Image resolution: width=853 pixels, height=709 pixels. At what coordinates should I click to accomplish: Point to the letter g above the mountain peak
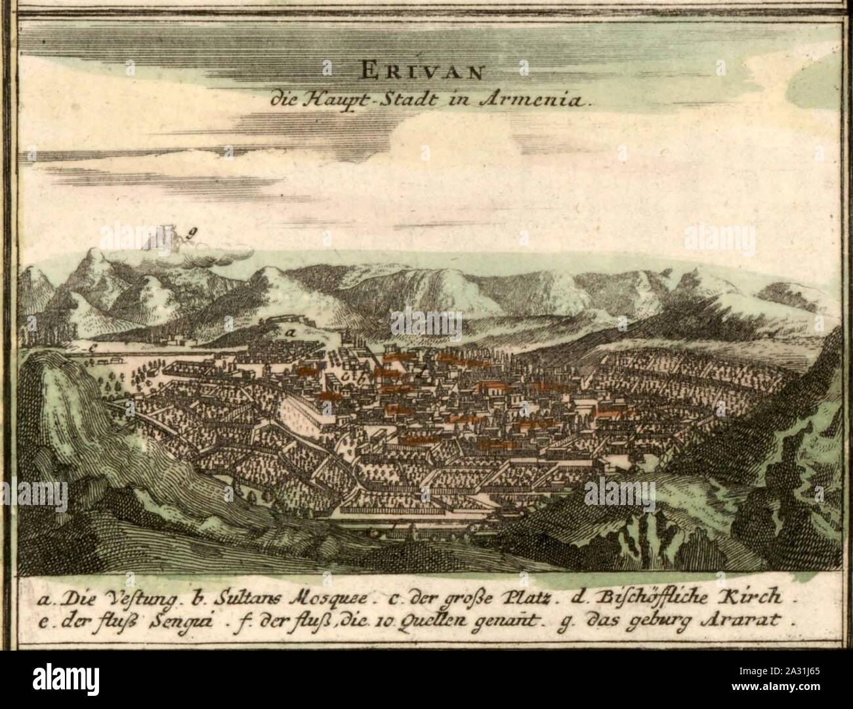point(192,230)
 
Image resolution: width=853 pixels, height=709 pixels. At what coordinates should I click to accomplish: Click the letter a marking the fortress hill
point(287,333)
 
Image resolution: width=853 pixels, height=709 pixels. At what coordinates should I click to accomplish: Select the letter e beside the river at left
point(94,348)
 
